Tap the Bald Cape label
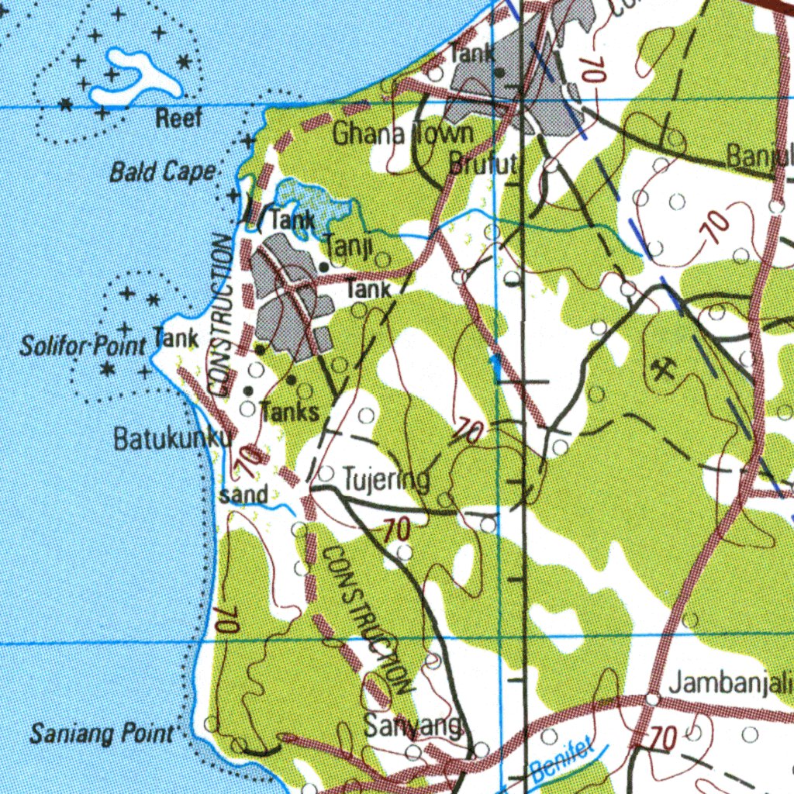pyautogui.click(x=161, y=171)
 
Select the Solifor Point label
pyautogui.click(x=83, y=346)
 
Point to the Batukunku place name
pyautogui.click(x=171, y=439)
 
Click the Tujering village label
pyautogui.click(x=386, y=480)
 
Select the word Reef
pyautogui.click(x=179, y=119)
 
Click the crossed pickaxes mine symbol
pyautogui.click(x=663, y=370)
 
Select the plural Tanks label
pyautogui.click(x=289, y=412)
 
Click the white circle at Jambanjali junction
pyautogui.click(x=653, y=699)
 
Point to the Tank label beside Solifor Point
pyautogui.click(x=176, y=338)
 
